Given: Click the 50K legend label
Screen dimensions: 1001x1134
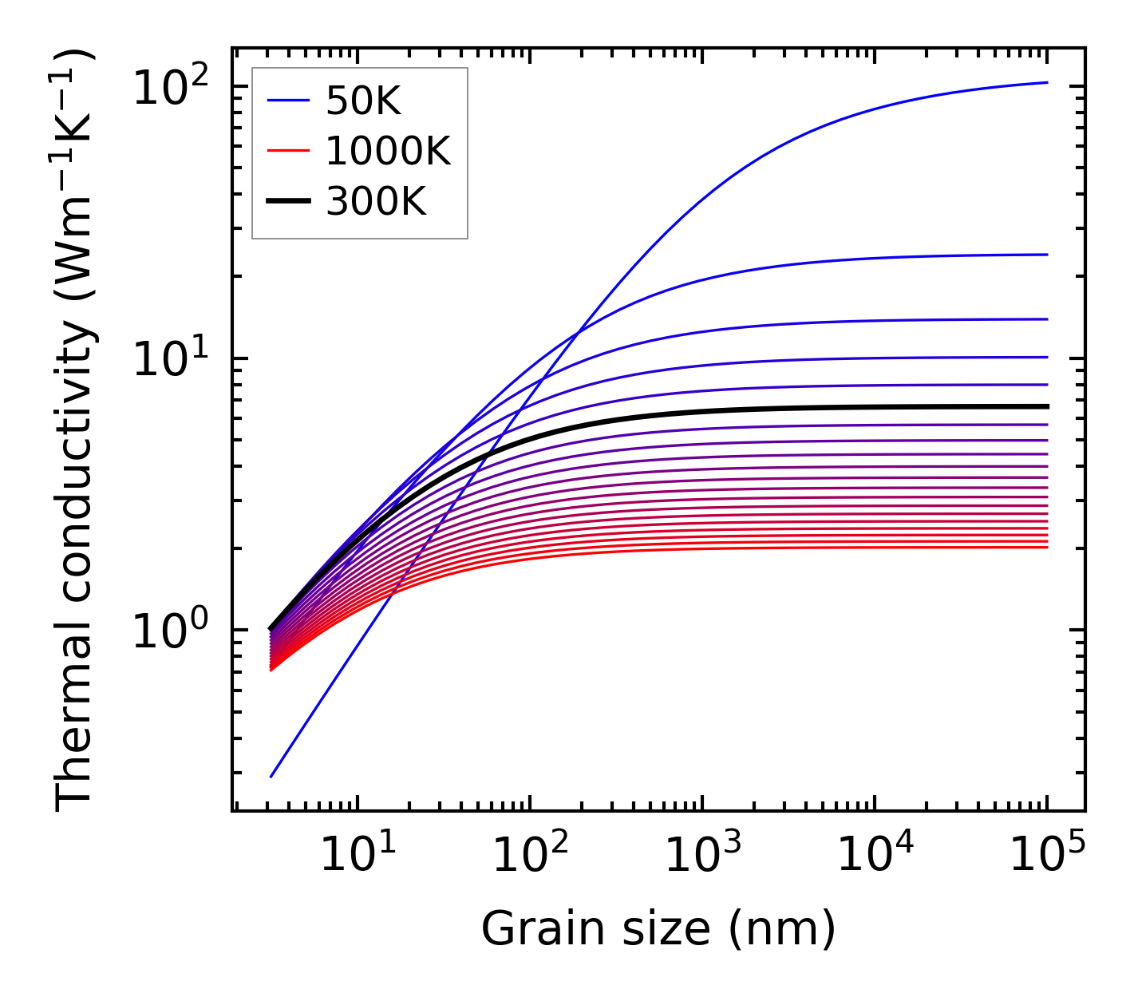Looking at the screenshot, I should (363, 101).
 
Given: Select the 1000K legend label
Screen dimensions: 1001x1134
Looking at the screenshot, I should (388, 152).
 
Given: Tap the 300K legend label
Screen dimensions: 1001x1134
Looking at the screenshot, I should (376, 202).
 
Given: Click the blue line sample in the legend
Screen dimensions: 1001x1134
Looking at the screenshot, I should (288, 101).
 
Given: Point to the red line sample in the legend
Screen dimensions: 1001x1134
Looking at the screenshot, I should (288, 151).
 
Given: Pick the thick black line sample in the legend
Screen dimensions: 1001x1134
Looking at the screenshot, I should (288, 201).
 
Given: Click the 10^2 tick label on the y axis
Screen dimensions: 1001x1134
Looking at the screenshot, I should (169, 87).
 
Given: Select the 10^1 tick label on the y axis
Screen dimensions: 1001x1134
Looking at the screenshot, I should (169, 358).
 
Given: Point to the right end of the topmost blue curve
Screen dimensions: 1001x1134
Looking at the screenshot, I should (1047, 82).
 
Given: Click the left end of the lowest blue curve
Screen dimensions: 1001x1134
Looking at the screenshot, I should (271, 777).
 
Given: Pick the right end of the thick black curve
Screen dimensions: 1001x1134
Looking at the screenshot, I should (1047, 406).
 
